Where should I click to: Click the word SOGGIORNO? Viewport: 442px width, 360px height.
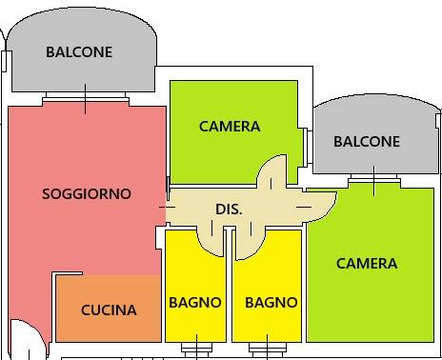point(87,194)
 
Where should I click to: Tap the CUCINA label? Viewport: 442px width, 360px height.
point(108,310)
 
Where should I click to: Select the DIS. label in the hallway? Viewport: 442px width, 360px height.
point(229,209)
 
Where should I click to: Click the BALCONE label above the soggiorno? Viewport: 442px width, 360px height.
point(79,52)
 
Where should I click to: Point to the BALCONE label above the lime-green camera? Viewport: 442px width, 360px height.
point(367,141)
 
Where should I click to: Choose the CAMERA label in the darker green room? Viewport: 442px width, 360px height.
point(230,127)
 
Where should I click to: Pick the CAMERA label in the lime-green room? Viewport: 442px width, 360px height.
point(367,264)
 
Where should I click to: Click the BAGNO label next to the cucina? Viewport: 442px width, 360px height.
point(195,303)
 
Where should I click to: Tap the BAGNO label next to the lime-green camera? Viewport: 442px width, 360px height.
point(271,303)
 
